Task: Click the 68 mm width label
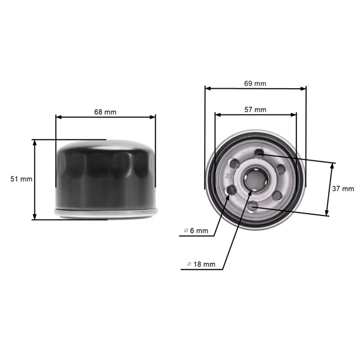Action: pos(106,112)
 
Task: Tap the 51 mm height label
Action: pos(22,179)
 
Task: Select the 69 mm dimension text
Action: pos(256,83)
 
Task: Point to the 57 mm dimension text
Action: pos(256,110)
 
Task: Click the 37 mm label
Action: pos(343,188)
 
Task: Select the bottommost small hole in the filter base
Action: pos(253,206)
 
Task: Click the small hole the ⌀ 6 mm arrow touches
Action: pos(230,190)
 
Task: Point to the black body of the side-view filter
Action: pos(106,174)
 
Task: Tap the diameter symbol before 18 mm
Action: pos(189,263)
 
